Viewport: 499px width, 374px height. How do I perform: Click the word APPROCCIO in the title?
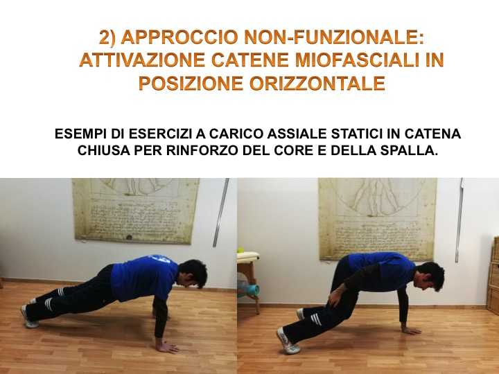pos(180,37)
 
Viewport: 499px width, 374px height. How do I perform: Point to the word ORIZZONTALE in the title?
pos(317,83)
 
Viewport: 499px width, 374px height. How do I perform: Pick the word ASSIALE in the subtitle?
pos(297,134)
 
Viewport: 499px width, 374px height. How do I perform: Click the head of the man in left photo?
pos(192,274)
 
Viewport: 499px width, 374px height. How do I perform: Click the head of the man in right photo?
pos(429,276)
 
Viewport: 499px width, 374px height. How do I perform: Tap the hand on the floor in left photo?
pos(168,347)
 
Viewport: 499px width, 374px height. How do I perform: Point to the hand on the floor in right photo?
pos(411,331)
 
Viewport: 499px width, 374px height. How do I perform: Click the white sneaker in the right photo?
pos(286,341)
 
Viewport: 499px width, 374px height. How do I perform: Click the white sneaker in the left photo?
pos(28,317)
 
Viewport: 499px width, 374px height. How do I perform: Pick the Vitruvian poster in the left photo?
pos(137,211)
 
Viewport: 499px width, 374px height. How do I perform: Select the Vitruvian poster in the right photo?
pos(378,219)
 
